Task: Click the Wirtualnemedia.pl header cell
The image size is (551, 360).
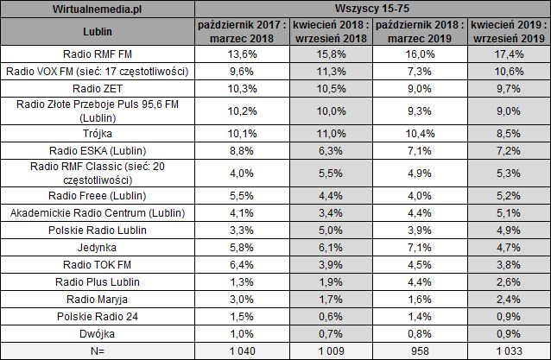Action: click(x=98, y=9)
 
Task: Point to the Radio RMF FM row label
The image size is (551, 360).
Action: click(x=98, y=54)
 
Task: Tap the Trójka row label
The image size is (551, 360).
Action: click(x=98, y=134)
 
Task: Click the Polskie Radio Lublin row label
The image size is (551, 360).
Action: click(x=98, y=231)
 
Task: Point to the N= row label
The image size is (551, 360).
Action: click(x=98, y=351)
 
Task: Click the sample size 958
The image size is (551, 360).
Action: click(x=418, y=351)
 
